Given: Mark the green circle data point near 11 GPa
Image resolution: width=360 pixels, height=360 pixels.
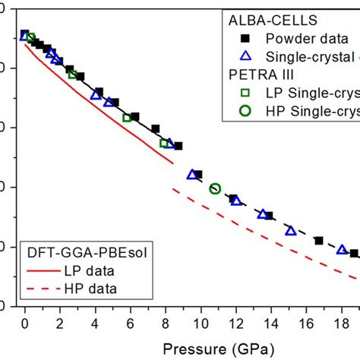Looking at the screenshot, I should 215,188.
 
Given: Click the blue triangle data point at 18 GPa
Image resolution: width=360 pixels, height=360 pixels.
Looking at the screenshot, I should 342,249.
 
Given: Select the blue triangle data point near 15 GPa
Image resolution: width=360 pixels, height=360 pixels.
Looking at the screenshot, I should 290,230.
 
